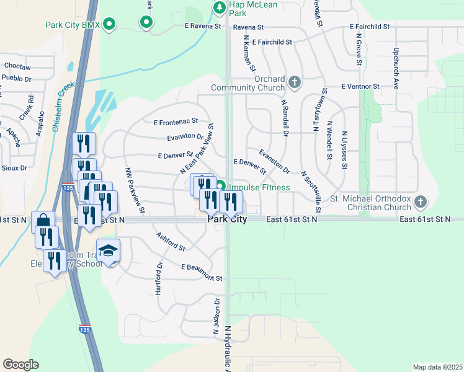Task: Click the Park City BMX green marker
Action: click(x=109, y=25)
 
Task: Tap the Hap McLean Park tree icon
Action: click(x=219, y=7)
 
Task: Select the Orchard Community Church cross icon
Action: click(x=295, y=82)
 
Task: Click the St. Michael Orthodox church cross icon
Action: click(x=421, y=201)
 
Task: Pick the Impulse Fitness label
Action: click(x=259, y=187)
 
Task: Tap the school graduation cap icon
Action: click(x=108, y=250)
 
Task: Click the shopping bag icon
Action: click(x=43, y=221)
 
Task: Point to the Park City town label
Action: click(x=227, y=219)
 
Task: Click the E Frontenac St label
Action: click(x=175, y=121)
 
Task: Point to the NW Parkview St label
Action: click(x=135, y=191)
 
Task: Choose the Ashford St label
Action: click(x=171, y=242)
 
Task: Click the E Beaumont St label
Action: click(x=202, y=273)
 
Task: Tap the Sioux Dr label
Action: click(x=15, y=167)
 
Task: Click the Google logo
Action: click(x=20, y=365)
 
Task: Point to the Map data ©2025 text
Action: click(x=437, y=367)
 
